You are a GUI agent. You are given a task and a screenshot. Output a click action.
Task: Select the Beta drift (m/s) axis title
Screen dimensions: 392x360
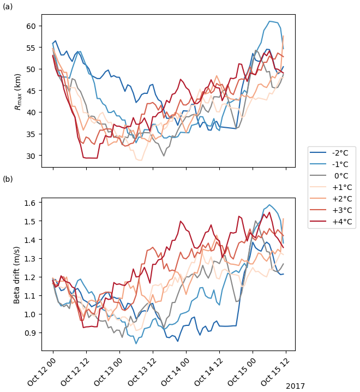[17, 274]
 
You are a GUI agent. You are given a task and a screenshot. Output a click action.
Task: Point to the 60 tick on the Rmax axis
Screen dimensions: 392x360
[31, 26]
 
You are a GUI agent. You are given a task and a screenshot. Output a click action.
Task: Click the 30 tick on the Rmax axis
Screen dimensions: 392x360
[31, 156]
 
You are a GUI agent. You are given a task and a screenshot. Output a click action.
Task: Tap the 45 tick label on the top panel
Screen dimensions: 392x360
[31, 91]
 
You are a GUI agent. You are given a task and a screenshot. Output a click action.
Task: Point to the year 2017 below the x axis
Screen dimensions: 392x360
[295, 386]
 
